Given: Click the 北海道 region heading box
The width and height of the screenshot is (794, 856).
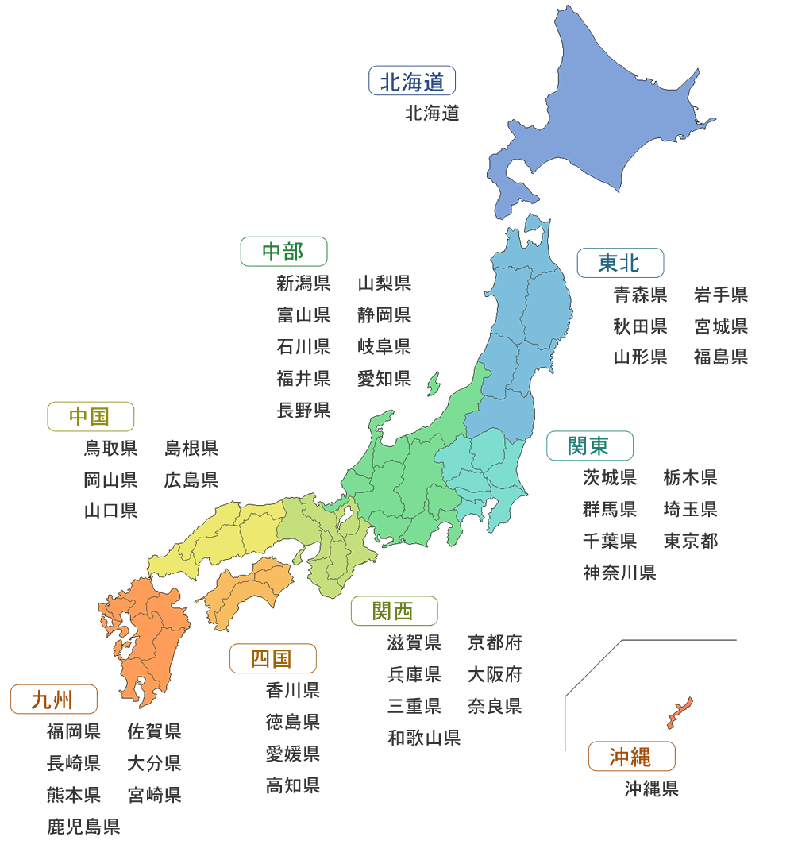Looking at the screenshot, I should (x=412, y=81).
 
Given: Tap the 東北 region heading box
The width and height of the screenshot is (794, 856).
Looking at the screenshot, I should (x=620, y=262).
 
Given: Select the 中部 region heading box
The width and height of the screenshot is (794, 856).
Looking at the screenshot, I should (x=283, y=252).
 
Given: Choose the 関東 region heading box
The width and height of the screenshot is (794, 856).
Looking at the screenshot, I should (x=589, y=445).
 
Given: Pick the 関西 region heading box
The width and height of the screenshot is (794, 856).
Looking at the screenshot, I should (x=394, y=611).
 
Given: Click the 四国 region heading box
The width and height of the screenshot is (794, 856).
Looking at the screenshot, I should (x=272, y=658).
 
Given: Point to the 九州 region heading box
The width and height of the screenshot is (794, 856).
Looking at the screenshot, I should (x=53, y=700).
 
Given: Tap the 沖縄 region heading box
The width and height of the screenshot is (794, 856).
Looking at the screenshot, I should (x=631, y=757).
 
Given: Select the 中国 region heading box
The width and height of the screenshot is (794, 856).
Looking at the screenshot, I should (x=91, y=416).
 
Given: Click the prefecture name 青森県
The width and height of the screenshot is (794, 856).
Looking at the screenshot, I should (x=640, y=295).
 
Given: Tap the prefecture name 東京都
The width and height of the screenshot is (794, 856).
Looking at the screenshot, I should (x=691, y=541).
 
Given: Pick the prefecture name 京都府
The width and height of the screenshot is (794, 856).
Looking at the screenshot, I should (x=495, y=642).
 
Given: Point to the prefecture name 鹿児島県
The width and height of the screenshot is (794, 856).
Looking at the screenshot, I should (x=83, y=827).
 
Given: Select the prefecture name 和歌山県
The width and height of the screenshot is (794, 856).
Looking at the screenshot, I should (x=424, y=738).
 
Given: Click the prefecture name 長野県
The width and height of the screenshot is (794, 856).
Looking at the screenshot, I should (x=303, y=410).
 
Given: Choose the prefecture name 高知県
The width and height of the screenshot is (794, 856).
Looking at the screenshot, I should (x=293, y=785).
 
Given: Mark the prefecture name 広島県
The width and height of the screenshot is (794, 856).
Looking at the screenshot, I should (x=191, y=480).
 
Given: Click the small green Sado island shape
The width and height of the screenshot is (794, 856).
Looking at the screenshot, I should (x=434, y=384).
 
